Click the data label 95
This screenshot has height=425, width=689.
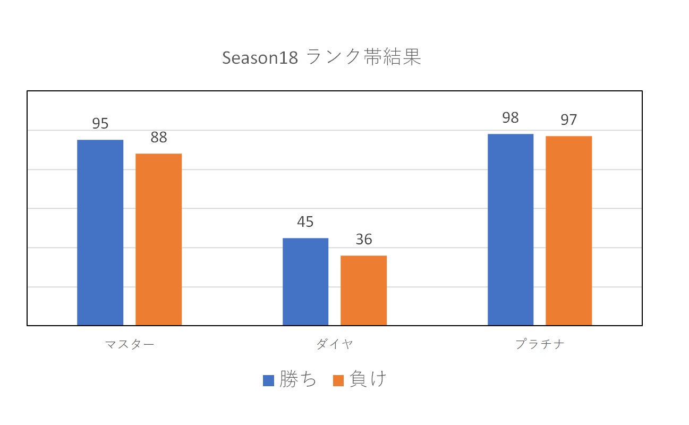[100, 124]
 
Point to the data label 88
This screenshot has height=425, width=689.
[158, 138]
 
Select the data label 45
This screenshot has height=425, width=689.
[305, 222]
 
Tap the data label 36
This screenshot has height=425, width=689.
[363, 240]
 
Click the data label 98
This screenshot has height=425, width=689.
[511, 118]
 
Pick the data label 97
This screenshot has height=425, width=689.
[568, 120]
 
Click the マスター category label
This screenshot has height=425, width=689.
[130, 344]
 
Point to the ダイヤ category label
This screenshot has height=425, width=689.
[335, 344]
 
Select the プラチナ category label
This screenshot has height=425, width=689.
[540, 344]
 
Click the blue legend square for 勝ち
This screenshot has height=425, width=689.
[268, 380]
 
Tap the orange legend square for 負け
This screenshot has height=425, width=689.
[338, 380]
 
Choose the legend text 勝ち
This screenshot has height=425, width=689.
[298, 380]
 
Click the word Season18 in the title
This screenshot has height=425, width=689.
[260, 58]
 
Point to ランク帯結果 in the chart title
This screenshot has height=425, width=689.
[364, 57]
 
